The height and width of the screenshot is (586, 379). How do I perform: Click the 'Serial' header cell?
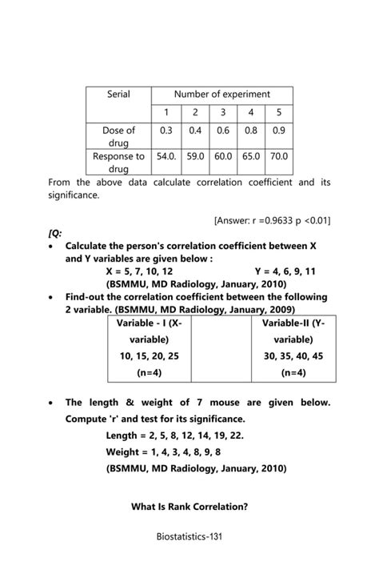[x=118, y=94]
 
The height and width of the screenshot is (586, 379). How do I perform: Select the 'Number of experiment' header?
[x=222, y=94]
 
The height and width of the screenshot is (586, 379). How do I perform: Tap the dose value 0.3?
[x=166, y=130]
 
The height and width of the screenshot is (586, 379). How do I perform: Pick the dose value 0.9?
[x=278, y=130]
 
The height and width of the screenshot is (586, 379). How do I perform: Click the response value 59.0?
[x=195, y=157]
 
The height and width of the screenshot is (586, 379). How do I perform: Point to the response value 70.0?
[x=278, y=157]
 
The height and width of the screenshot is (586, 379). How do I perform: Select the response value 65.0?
[x=251, y=157]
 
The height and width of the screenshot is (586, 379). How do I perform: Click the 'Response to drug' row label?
[x=118, y=163]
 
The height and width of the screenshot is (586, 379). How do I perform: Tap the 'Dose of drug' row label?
[x=118, y=136]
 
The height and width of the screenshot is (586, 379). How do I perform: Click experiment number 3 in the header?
[x=223, y=113]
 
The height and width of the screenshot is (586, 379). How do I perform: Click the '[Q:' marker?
[x=55, y=232]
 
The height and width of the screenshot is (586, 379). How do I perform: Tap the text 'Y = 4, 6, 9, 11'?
[x=285, y=271]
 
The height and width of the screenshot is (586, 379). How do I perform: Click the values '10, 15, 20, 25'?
[x=149, y=355]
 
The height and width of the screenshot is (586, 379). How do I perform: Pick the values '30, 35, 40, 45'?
[x=295, y=355]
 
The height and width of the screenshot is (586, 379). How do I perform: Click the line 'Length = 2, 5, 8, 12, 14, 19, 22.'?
[x=175, y=435]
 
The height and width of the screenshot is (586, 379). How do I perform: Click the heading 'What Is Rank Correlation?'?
[x=189, y=506]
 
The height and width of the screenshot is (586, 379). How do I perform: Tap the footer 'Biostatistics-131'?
[x=189, y=536]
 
